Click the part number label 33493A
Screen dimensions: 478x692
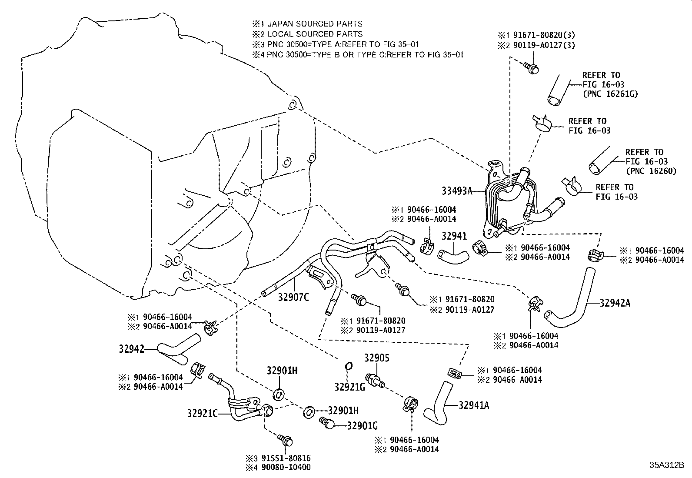[457, 190]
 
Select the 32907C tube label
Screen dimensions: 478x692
[293, 297]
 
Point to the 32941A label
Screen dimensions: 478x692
[474, 405]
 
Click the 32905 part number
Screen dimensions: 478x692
[376, 358]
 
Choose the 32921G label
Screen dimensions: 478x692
[349, 386]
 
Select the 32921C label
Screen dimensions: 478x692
[203, 413]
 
